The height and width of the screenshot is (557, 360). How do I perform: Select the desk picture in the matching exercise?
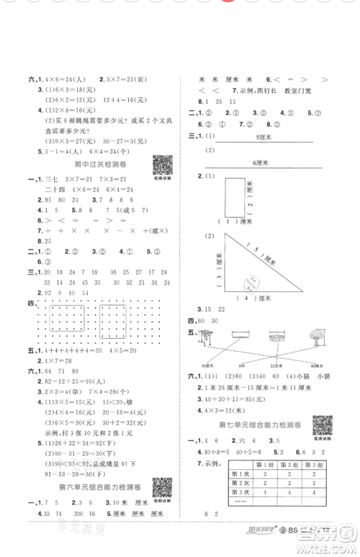210,334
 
